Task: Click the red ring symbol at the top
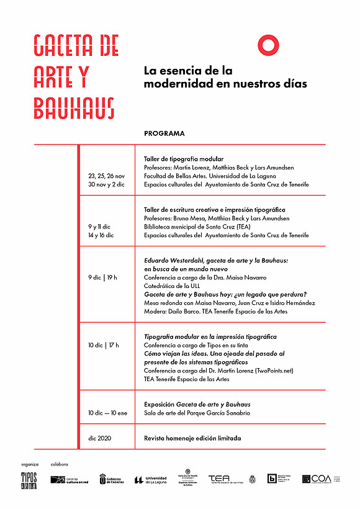click(268, 44)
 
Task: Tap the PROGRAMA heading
click(164, 133)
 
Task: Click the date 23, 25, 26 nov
click(106, 176)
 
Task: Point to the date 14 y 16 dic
click(101, 236)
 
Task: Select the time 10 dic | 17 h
click(103, 345)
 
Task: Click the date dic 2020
click(99, 438)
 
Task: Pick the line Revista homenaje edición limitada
click(192, 438)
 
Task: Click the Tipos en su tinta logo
click(29, 479)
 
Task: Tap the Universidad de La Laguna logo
click(151, 479)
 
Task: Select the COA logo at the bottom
click(318, 479)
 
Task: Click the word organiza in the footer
click(30, 464)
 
